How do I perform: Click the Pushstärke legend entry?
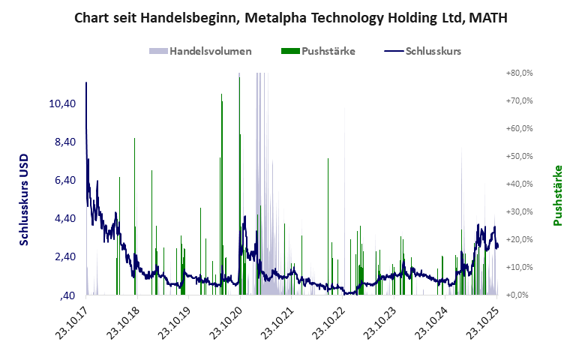tap(318, 51)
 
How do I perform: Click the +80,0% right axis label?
tap(518, 73)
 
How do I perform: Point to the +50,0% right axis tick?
tap(518, 157)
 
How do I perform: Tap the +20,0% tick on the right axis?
tap(518, 239)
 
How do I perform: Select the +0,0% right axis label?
tap(520, 295)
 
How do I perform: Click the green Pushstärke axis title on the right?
tap(557, 196)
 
